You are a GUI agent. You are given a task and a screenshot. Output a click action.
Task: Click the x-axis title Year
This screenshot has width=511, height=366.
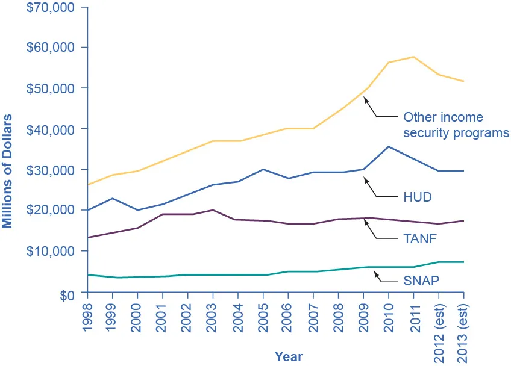click(x=289, y=356)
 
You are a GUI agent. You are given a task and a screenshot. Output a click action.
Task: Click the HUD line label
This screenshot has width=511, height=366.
click(x=417, y=197)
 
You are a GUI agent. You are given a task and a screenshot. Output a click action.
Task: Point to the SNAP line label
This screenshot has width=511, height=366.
click(x=420, y=281)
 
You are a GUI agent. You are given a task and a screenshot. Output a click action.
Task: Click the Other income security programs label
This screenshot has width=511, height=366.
click(x=456, y=125)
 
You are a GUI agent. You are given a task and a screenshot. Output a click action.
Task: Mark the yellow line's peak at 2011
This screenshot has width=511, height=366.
click(x=413, y=57)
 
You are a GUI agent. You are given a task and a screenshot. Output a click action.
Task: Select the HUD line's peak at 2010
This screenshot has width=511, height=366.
click(x=389, y=146)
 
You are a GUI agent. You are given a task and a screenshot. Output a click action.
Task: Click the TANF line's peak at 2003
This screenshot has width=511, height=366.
click(x=213, y=210)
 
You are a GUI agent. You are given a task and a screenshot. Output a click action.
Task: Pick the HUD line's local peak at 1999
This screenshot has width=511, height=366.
click(x=113, y=198)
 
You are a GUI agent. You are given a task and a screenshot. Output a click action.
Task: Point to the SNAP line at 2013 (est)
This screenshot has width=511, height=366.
click(x=463, y=262)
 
